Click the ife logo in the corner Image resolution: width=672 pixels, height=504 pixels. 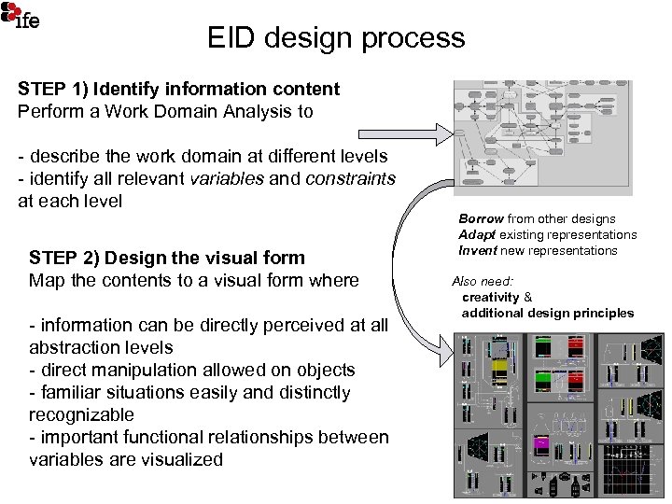(22, 16)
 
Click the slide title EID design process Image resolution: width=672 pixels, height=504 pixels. (336, 37)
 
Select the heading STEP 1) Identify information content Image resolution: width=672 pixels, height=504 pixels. (178, 90)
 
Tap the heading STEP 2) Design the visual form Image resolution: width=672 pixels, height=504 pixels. (179, 257)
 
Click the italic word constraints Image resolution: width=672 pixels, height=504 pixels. (345, 177)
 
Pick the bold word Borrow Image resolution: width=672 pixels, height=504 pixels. (481, 218)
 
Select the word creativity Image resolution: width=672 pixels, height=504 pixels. (491, 297)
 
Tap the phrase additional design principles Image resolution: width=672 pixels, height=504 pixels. (548, 313)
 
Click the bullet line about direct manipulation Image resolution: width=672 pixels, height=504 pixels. (191, 370)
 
